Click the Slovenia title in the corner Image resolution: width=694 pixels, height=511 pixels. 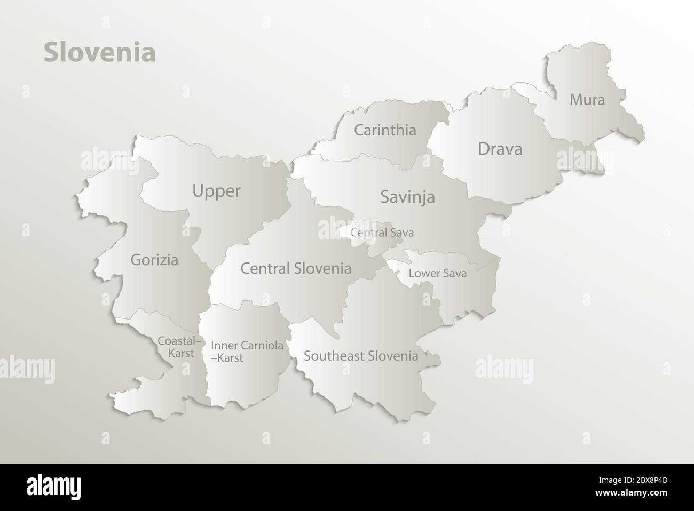[x=99, y=53]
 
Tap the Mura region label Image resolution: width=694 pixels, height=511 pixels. [x=587, y=99]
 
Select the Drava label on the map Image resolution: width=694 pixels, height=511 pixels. [x=500, y=149]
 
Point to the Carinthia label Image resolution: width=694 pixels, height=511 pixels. [x=385, y=130]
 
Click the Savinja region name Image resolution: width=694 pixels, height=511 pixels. [x=407, y=197]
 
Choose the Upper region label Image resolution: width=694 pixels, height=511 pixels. [x=216, y=191]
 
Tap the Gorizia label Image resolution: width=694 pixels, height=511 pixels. [x=154, y=260]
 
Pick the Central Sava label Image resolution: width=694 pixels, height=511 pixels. [x=382, y=233]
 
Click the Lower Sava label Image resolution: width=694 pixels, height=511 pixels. [x=437, y=274]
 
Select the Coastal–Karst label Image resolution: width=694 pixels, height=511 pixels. [x=180, y=346]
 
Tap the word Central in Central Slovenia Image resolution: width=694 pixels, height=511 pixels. [x=265, y=268]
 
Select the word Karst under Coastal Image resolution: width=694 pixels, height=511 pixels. [x=180, y=353]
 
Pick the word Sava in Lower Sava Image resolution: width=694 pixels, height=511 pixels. [x=454, y=274]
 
